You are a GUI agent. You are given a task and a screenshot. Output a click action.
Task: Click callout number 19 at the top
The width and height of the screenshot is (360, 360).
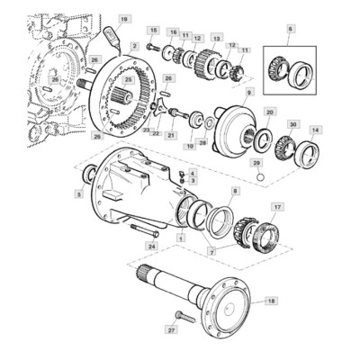click(x=124, y=17)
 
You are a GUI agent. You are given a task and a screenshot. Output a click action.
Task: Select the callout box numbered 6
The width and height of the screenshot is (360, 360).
click(x=290, y=29)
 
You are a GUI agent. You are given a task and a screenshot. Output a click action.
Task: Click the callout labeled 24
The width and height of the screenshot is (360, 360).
click(x=153, y=245)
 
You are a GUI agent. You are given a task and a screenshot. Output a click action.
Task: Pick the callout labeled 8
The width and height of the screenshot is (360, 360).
click(x=236, y=192)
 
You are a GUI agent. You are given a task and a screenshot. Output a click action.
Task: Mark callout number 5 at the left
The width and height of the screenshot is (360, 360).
click(x=79, y=193)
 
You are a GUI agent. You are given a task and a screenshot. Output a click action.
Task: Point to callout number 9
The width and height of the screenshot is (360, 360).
click(x=249, y=92)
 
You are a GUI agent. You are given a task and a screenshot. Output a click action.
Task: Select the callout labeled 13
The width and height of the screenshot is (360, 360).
click(x=216, y=39)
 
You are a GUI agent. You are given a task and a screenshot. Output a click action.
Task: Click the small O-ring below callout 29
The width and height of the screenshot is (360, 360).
click(x=258, y=175)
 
